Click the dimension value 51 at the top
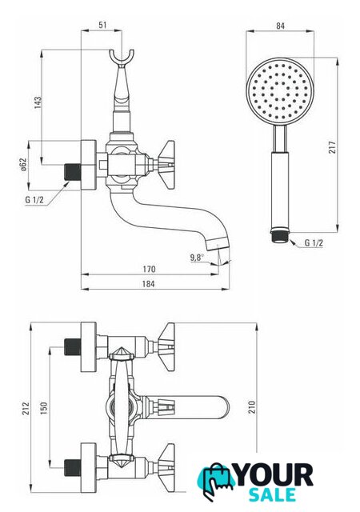(102, 25)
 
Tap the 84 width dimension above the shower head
(280, 26)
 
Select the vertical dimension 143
(38, 102)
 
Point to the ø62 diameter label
(23, 165)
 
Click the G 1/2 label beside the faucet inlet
(34, 200)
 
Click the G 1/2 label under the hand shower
(314, 242)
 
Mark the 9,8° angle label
(197, 258)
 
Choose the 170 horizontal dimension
(149, 270)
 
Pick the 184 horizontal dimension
(148, 284)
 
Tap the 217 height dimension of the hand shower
(332, 147)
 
